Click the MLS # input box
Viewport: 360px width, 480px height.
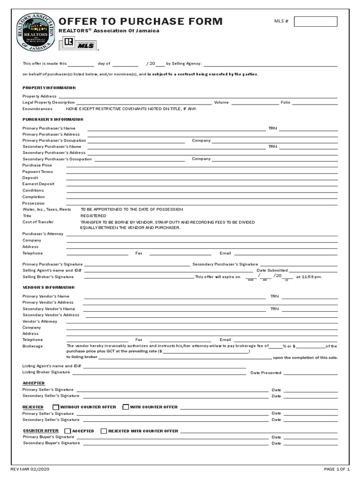point(315,22)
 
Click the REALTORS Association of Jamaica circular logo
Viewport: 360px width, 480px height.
point(36,31)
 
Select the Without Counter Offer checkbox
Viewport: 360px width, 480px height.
point(56,407)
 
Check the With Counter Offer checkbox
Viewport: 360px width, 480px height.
point(126,407)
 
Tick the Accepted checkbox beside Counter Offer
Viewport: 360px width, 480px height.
point(67,431)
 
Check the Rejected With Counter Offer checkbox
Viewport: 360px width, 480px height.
point(104,431)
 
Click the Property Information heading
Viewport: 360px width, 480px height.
point(49,88)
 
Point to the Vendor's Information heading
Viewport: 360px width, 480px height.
point(49,287)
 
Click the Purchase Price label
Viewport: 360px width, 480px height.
point(37,165)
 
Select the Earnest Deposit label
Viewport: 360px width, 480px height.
point(38,184)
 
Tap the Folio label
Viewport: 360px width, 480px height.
point(285,102)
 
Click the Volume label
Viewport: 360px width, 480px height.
point(221,102)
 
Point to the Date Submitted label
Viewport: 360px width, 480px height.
point(272,270)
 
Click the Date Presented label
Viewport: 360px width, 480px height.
point(266,373)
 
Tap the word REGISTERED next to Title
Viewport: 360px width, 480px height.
point(93,216)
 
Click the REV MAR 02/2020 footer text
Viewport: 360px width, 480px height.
point(30,469)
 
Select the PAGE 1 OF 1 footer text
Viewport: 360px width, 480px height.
point(337,469)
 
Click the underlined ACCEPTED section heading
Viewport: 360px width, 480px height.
point(34,383)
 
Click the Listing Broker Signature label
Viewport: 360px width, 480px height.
point(46,372)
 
